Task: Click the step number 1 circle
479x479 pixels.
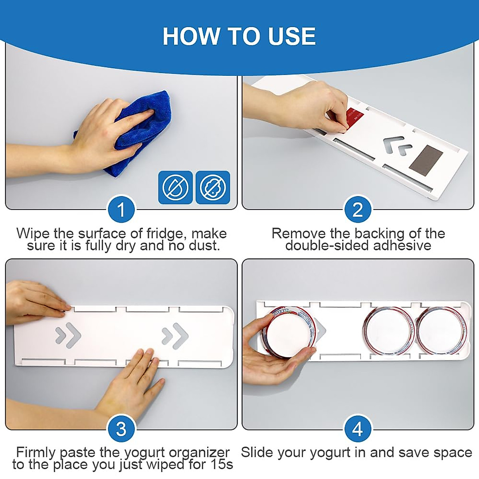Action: click(121, 209)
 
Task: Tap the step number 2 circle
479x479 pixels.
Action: click(357, 209)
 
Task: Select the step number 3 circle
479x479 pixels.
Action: click(121, 429)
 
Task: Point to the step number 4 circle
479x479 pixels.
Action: click(357, 429)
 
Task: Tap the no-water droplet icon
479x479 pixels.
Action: click(176, 187)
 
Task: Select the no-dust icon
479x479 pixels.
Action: click(213, 187)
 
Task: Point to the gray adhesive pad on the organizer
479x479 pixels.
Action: click(426, 157)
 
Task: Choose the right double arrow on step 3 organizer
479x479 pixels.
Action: click(175, 336)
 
